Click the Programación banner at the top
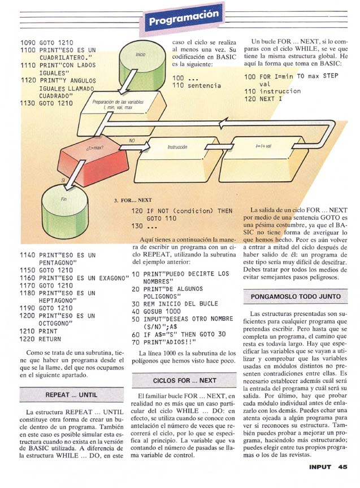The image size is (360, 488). tap(182, 20)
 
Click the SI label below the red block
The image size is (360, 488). tap(55, 180)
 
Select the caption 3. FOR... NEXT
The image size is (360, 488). tap(133, 200)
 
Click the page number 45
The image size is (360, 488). tap(343, 467)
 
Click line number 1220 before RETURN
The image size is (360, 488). tap(28, 339)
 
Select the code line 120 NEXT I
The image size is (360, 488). tap(263, 99)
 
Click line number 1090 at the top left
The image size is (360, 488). tap(28, 42)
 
